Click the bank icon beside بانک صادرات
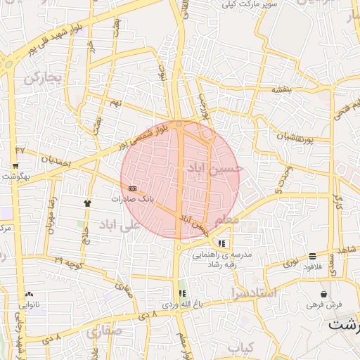[133, 188]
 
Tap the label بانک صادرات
[131, 199]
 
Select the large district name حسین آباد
[215, 169]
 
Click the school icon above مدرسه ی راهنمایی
[221, 243]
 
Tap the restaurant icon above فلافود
[311, 257]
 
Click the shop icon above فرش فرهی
[323, 294]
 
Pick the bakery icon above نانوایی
[29, 294]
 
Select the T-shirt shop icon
[87, 202]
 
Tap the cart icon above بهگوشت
[15, 167]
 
